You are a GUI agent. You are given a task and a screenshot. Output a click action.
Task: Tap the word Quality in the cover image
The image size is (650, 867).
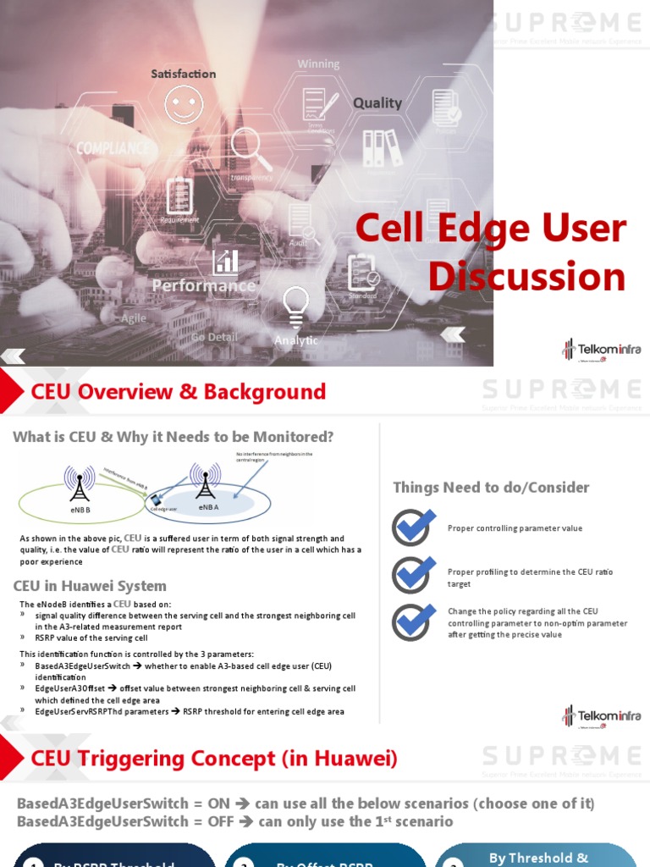pos(377,103)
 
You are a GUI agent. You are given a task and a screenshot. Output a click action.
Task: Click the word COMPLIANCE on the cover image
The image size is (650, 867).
pos(113,148)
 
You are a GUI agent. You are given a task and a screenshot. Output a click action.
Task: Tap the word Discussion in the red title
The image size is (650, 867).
pos(526,277)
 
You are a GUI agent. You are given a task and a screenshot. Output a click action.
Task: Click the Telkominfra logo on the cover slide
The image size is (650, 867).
pos(601,349)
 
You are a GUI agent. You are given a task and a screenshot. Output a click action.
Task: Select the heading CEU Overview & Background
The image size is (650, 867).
pos(178,391)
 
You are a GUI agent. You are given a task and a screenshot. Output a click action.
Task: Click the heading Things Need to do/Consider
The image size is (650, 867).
pos(491,487)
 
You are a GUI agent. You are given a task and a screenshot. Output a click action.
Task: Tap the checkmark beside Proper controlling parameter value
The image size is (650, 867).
pos(413,527)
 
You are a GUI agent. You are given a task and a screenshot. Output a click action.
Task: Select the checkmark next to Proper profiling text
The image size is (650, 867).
pos(413,575)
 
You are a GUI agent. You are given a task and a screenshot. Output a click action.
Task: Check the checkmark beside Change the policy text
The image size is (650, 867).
pos(413,622)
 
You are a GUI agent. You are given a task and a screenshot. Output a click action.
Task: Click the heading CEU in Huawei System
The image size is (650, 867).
pos(90,586)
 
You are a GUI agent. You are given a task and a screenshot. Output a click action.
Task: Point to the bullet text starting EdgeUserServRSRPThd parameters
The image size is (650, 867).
pos(190,712)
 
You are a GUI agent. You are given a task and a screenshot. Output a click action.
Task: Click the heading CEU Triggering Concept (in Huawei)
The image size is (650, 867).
pos(213,758)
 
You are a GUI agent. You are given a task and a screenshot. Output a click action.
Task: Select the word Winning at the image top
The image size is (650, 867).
pos(318,64)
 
